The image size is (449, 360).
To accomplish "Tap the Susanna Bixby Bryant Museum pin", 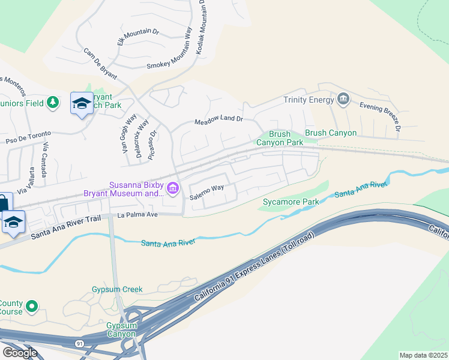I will pos(173,189).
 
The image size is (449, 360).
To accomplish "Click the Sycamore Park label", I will pos(291,202).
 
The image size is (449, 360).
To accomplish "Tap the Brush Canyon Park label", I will pos(280,139).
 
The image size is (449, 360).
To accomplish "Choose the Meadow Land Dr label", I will pos(218,121).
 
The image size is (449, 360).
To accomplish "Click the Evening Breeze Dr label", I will pos(379,115).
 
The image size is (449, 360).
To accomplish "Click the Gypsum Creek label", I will pos(117,289).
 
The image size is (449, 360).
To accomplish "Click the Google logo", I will pos(20,353).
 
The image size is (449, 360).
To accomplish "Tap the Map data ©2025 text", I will pos(424,355).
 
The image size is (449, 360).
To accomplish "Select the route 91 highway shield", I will pos(79,343).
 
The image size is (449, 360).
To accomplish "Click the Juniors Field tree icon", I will pos(53,103).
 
